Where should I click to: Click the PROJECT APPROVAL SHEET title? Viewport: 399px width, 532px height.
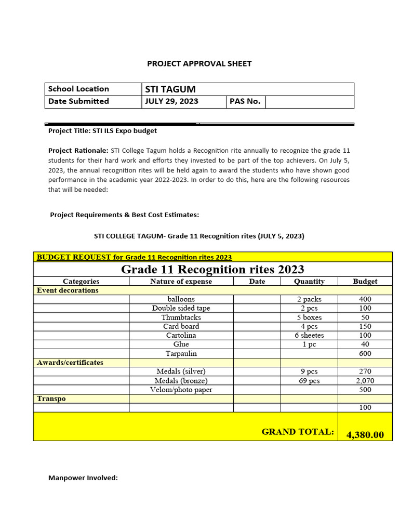(199, 63)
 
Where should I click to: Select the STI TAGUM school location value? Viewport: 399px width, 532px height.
(170, 89)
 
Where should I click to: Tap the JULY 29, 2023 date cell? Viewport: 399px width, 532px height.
(171, 101)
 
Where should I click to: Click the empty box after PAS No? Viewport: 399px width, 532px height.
(309, 101)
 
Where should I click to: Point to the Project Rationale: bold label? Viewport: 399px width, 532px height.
(78, 151)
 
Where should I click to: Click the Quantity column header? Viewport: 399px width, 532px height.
(309, 281)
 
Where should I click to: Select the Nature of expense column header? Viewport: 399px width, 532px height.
(181, 281)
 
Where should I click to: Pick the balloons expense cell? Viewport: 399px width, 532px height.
(181, 299)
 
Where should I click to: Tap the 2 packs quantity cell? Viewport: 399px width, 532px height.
(309, 299)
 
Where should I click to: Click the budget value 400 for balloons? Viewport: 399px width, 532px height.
(365, 299)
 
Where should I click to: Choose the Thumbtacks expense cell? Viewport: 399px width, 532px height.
(181, 317)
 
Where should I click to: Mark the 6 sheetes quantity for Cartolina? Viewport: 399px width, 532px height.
(309, 336)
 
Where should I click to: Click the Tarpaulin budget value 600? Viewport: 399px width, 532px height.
(365, 354)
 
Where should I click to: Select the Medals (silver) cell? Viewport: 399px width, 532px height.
(181, 371)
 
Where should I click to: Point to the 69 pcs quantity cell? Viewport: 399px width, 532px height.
(309, 381)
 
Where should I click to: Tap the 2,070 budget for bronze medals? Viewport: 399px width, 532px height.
(365, 381)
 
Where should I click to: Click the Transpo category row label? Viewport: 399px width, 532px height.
(51, 398)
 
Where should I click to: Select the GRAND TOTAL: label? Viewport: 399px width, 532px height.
(298, 432)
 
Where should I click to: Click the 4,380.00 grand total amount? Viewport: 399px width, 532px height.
(365, 435)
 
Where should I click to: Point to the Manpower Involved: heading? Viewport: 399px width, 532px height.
(83, 477)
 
